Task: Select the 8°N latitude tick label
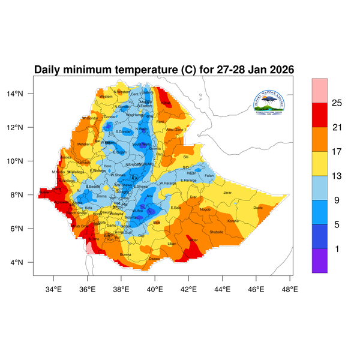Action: coord(25,195)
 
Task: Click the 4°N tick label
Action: coord(25,262)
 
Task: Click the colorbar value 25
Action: coord(337,103)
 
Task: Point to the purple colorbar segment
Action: coord(319,261)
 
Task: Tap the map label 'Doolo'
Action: coord(259,208)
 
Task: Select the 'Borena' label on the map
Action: coord(125,254)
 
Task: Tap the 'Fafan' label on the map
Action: coord(209,175)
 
